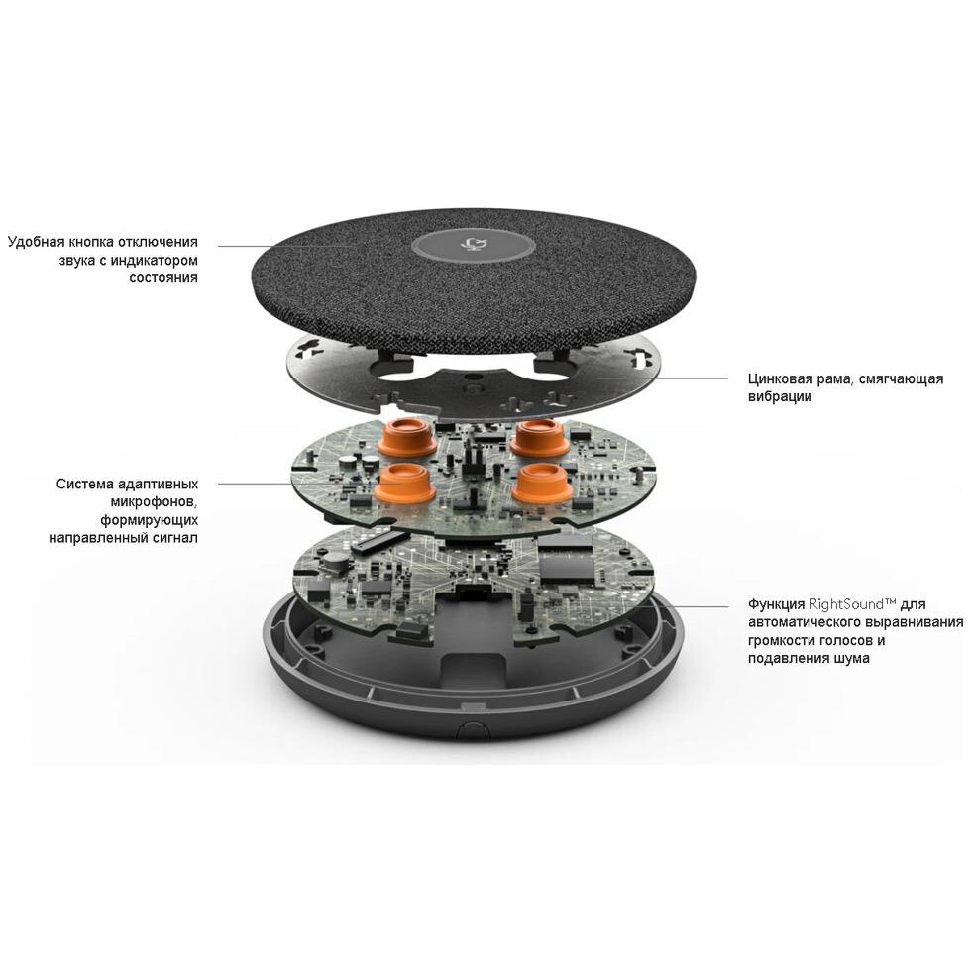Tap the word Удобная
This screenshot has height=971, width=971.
[40, 241]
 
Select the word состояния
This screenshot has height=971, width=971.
[163, 277]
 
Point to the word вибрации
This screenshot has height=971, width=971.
[781, 397]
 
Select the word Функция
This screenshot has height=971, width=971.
[778, 603]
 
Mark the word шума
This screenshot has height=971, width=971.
[851, 658]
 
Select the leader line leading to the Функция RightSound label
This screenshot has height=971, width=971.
[684, 604]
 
